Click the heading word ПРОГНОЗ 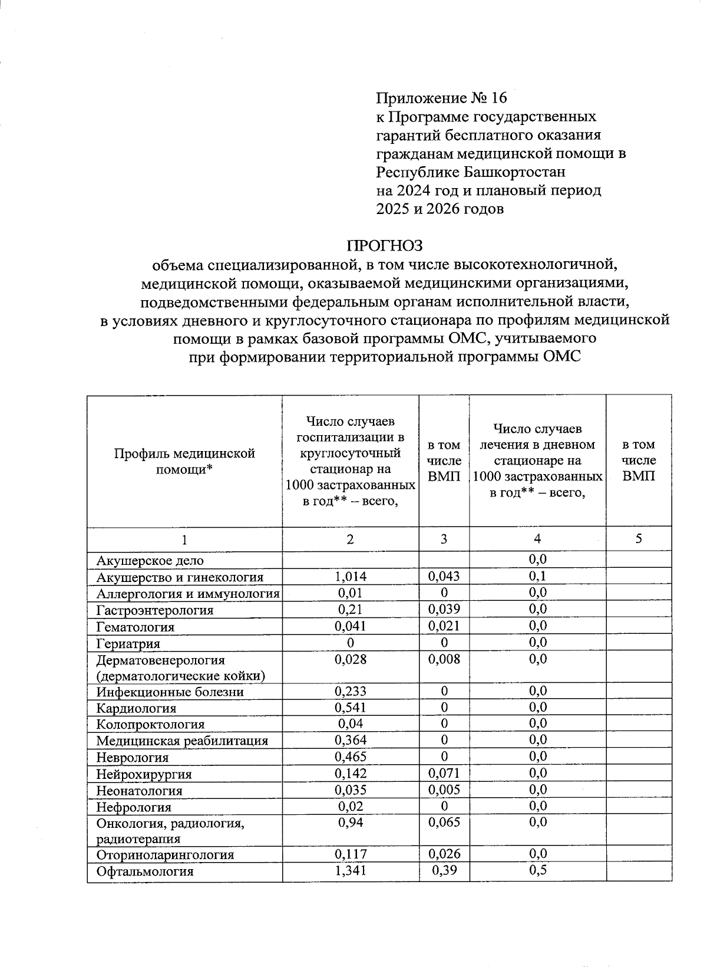(384, 245)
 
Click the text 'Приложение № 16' (441, 98)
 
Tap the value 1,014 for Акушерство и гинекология (350, 577)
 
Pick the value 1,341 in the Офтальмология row (350, 870)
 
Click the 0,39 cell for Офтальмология (444, 870)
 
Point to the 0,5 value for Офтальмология (537, 870)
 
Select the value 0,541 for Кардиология (350, 707)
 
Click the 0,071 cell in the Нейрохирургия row (444, 773)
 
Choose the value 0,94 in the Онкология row (350, 822)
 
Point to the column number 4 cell (537, 539)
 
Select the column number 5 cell (639, 539)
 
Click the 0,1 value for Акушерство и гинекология (537, 576)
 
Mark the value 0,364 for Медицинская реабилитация (350, 740)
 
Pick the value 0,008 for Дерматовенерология (444, 659)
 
